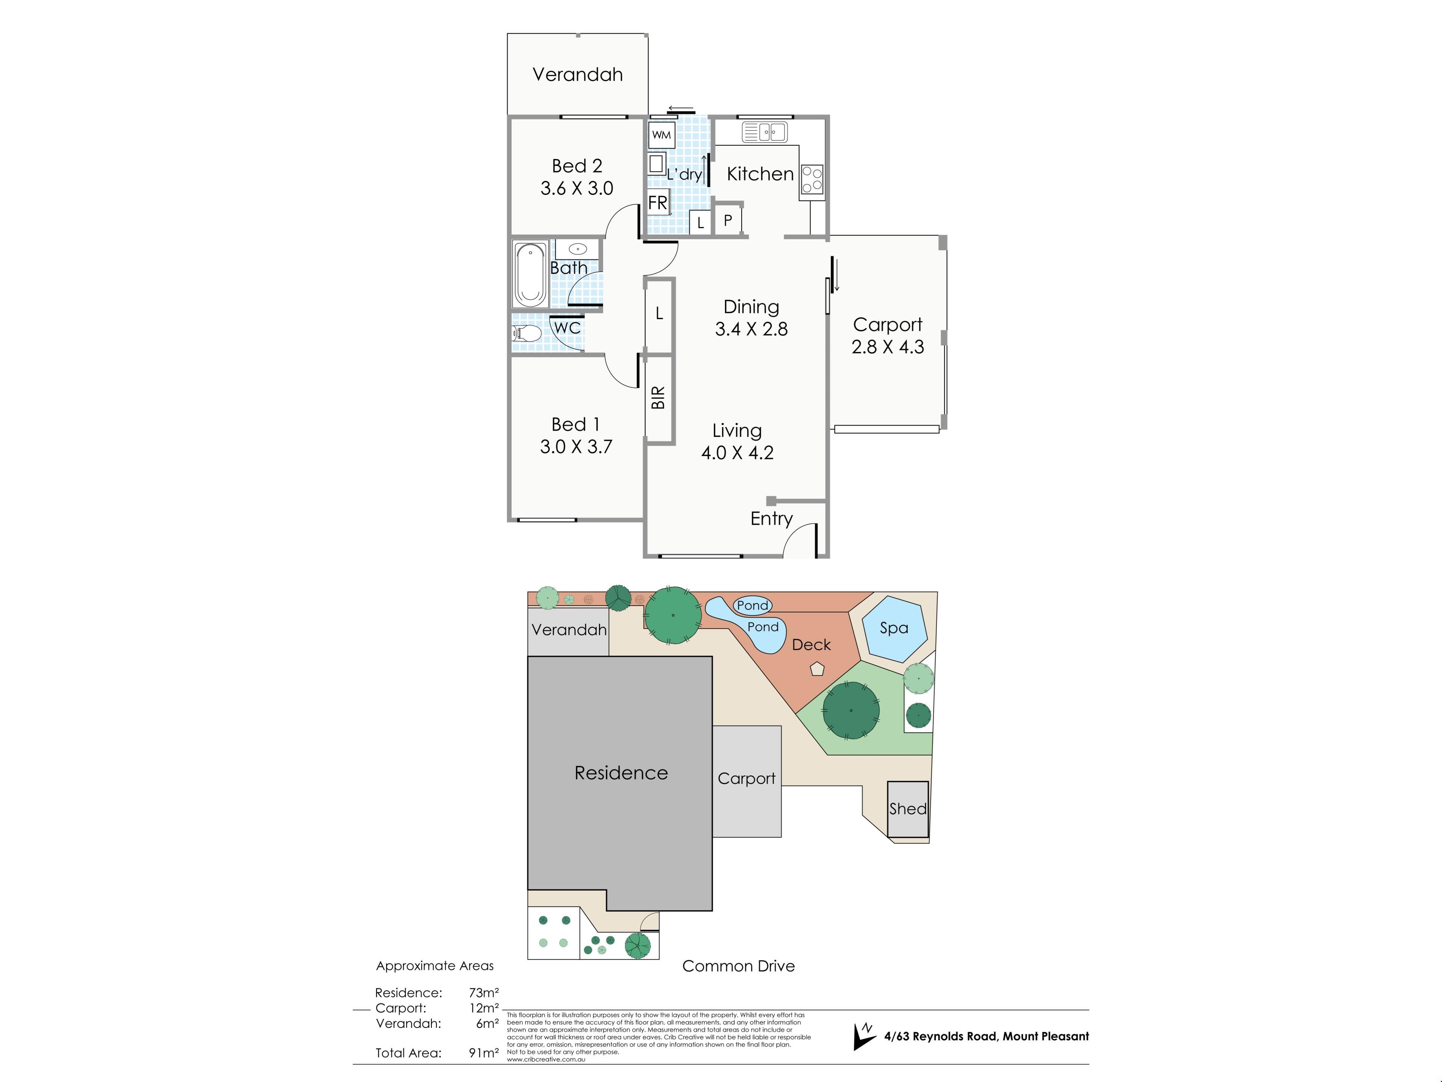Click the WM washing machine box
661,135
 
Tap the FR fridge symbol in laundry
658,203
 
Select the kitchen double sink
765,132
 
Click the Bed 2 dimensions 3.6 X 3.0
577,189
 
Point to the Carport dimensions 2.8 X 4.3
888,347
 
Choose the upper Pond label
753,605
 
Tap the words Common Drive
739,966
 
